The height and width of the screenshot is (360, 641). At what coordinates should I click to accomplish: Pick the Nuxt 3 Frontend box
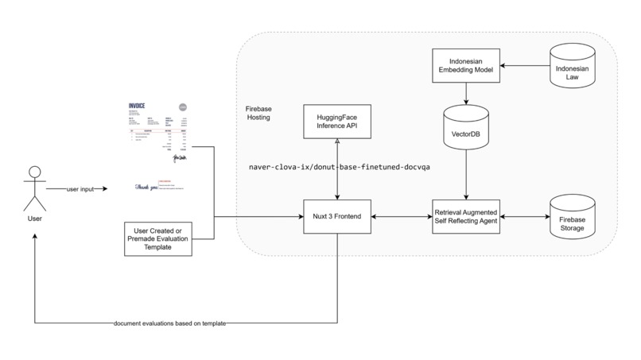click(x=337, y=216)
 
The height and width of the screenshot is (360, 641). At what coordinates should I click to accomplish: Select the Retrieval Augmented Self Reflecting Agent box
click(x=465, y=216)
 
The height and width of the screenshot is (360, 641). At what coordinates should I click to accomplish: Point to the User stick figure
click(x=33, y=189)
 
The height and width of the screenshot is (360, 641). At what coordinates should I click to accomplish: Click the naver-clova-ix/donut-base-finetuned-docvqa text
click(x=340, y=168)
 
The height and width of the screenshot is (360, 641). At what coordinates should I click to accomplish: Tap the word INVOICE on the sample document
click(x=141, y=105)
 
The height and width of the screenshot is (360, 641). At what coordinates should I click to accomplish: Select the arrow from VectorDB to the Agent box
click(x=465, y=175)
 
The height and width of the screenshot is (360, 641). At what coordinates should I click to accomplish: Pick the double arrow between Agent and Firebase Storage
click(x=525, y=216)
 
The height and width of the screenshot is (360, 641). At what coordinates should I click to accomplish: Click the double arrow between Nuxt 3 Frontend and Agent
click(x=402, y=216)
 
